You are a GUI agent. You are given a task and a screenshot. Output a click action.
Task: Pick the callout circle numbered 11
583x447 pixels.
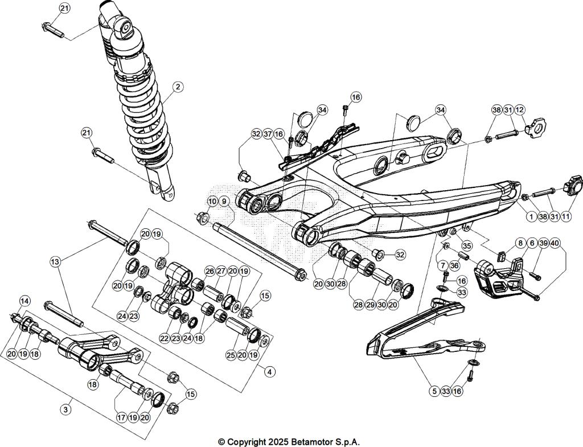(566, 216)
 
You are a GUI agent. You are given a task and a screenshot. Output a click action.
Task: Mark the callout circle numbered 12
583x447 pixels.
(520, 109)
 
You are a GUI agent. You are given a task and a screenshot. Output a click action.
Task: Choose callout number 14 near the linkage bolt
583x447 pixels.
(24, 301)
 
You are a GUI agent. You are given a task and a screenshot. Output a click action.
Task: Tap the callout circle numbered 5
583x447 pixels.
(434, 391)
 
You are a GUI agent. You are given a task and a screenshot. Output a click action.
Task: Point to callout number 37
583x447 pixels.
(267, 134)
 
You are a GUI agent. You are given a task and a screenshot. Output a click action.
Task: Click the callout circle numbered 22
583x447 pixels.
(165, 338)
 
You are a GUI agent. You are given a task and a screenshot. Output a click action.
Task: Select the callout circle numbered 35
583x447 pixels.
(467, 247)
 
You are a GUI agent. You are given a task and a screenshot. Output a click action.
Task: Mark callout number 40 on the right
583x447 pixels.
(555, 243)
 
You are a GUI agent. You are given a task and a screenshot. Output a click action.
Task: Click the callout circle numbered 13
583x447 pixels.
(55, 261)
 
